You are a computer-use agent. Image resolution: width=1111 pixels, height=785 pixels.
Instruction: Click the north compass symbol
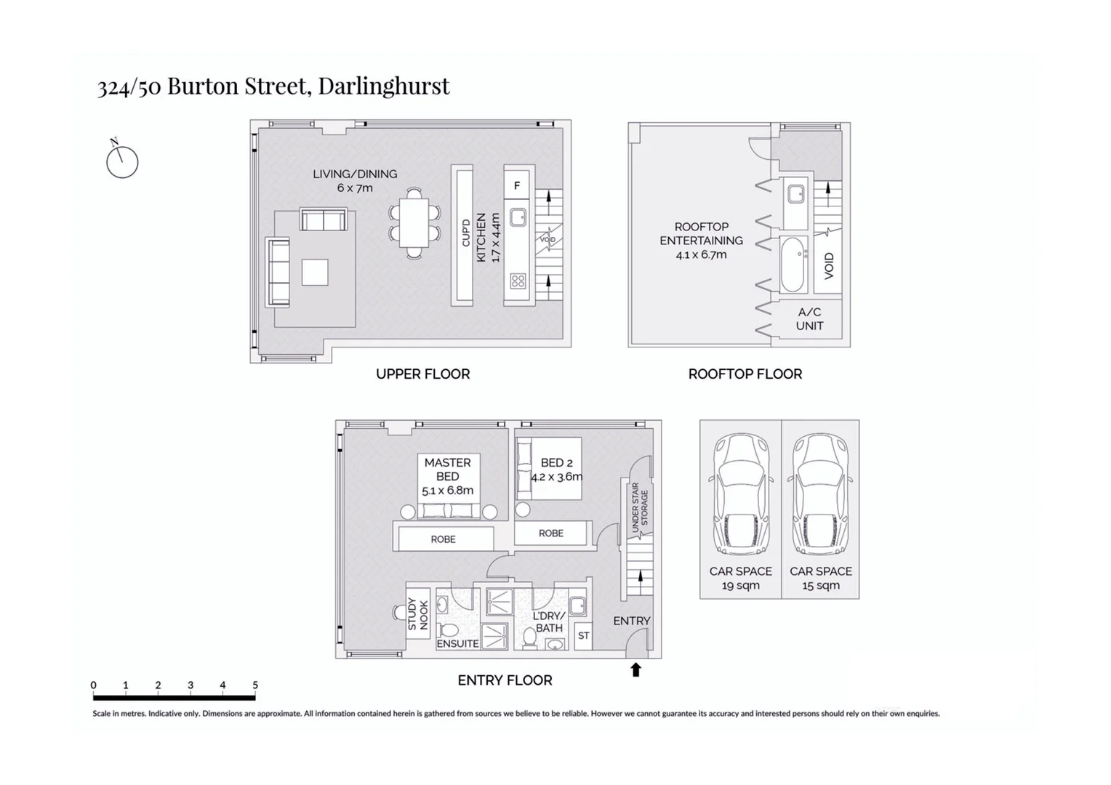pos(122,161)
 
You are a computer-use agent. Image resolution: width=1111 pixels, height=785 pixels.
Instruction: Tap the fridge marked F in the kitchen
pos(517,185)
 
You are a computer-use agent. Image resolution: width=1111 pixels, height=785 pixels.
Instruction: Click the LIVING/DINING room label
pos(355,174)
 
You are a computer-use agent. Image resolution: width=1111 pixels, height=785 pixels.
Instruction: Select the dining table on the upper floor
pos(414,222)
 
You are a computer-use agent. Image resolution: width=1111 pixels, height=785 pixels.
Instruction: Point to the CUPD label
pos(466,233)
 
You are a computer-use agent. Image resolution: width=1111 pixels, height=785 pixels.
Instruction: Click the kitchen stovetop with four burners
pos(518,281)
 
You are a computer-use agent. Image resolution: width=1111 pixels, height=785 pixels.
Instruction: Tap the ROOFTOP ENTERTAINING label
pos(701,233)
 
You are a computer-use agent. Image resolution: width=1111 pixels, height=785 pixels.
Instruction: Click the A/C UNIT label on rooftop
pos(809,319)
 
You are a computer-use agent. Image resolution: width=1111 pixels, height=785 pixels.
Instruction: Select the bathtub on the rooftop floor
pos(793,264)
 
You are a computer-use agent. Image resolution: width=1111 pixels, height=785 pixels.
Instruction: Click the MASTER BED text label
pos(447,469)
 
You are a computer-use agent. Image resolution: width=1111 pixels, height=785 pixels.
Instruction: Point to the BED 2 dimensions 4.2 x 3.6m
pos(556,478)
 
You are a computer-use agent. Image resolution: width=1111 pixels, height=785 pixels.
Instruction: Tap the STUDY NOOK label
pos(418,614)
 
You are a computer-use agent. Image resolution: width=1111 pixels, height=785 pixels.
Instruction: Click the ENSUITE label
pos(457,643)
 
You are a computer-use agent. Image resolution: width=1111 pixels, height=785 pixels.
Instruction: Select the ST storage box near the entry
pos(583,635)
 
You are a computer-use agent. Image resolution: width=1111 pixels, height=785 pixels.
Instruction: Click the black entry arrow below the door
pos(635,669)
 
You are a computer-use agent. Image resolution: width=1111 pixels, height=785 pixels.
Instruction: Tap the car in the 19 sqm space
pos(740,494)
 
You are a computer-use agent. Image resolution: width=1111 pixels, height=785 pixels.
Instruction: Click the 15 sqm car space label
pos(820,585)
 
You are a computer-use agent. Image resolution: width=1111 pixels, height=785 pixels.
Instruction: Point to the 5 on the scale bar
pos(255,685)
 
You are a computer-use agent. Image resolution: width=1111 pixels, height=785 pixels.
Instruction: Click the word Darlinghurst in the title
pos(384,86)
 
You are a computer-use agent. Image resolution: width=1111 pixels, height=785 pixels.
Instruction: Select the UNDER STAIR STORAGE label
pos(639,507)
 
